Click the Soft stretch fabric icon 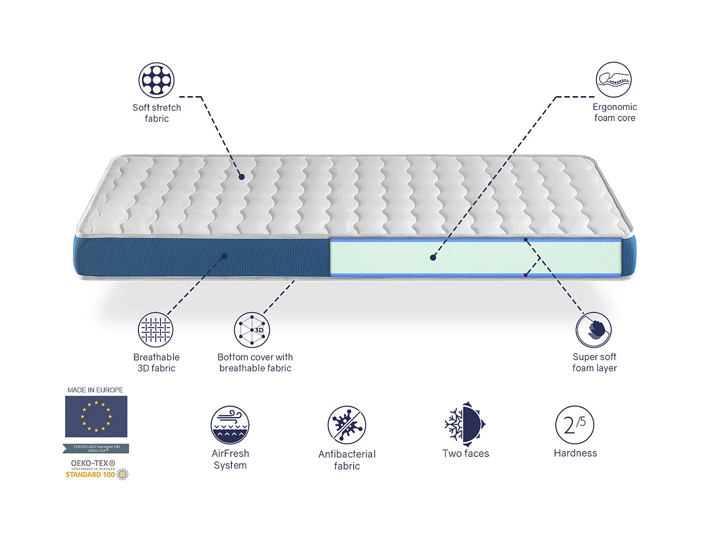point(156,80)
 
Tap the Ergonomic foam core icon point(614,80)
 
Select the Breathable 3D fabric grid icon point(155,330)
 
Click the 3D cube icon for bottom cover point(252,330)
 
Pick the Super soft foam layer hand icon point(593,330)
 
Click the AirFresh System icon point(230,425)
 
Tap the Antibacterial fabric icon point(346,425)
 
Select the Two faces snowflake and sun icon point(465,425)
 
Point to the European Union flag point(96,416)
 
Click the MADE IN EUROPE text point(95,390)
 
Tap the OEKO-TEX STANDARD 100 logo point(97,469)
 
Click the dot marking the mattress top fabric point(242,177)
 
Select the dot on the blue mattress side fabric point(224,256)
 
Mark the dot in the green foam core point(433,258)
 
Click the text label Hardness point(575,453)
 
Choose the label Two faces point(465,453)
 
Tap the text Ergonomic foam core point(614,112)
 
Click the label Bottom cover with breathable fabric point(255,362)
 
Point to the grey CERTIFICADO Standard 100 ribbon point(96,448)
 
